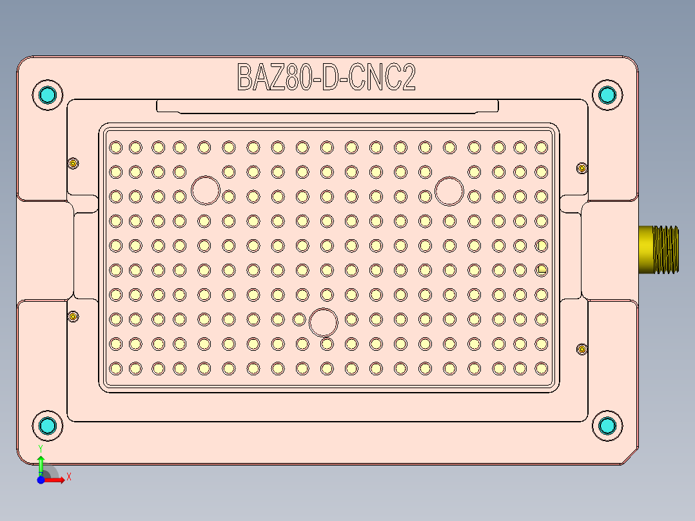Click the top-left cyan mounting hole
[x=48, y=95]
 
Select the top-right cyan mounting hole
[x=607, y=95]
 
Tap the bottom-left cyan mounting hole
[x=48, y=426]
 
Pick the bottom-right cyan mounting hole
[x=607, y=426]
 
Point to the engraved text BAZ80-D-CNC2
[x=326, y=77]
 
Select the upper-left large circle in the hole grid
[x=206, y=190]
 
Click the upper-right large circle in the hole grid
[x=449, y=190]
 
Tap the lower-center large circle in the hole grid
[x=324, y=322]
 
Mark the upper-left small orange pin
[x=73, y=163]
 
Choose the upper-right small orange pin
[x=582, y=168]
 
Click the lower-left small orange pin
[x=73, y=317]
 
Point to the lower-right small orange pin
[x=582, y=349]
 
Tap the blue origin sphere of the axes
[x=41, y=480]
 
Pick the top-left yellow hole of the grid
[x=116, y=148]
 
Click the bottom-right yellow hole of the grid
[x=542, y=368]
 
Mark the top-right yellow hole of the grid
[x=542, y=148]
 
